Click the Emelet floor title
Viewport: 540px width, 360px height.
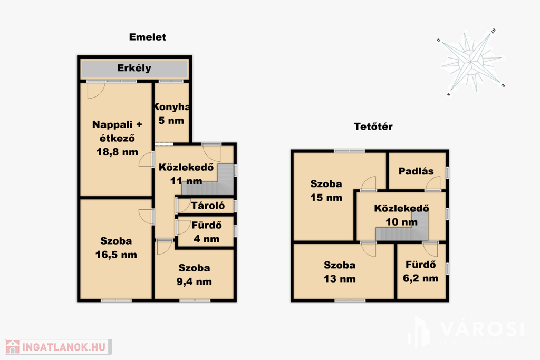pos(148,37)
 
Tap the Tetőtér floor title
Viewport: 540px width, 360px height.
pos(373,127)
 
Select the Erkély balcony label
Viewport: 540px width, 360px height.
pos(134,68)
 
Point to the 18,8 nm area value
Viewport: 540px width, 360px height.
pos(117,152)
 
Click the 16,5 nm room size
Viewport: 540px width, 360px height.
pos(116,255)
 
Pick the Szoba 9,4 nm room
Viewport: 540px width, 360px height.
pos(194,275)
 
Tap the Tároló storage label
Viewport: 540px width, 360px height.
pos(208,206)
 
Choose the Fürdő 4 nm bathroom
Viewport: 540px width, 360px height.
pos(206,232)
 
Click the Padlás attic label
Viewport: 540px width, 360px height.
pos(416,171)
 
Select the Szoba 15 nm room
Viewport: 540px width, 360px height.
pos(326,191)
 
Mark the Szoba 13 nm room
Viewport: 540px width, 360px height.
pos(340,272)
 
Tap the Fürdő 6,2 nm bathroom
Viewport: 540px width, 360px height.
pos(420,271)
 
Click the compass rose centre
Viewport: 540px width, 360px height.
pos(470,62)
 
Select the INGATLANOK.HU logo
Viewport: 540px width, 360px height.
pos(58,347)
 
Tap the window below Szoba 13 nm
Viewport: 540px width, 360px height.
pos(350,300)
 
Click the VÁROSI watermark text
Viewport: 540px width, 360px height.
pos(482,329)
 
